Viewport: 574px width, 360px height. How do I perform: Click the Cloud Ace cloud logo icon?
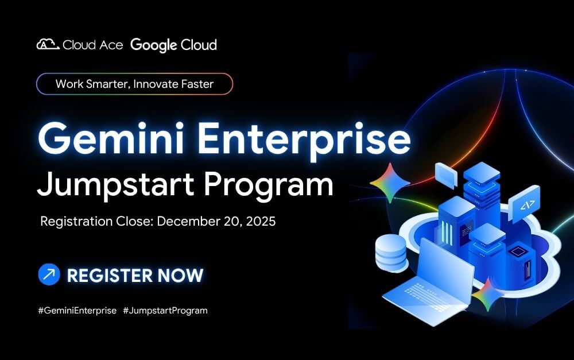point(48,44)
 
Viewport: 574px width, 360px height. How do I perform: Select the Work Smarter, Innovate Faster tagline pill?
point(135,84)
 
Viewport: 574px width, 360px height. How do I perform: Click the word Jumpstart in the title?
point(116,185)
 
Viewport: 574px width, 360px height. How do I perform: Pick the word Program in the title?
point(268,185)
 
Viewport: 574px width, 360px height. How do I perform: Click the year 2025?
point(261,221)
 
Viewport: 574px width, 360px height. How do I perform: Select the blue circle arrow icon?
point(49,274)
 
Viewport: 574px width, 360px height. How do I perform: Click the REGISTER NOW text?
point(135,276)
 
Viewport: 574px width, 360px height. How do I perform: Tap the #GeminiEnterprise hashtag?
point(77,311)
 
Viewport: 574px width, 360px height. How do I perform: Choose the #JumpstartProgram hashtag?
point(165,311)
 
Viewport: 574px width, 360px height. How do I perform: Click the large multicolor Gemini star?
point(390,183)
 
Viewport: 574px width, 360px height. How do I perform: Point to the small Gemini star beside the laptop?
point(487,295)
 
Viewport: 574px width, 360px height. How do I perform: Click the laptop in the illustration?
point(428,282)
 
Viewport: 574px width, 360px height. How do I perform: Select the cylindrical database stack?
point(391,253)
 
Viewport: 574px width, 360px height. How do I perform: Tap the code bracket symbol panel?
point(526,204)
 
